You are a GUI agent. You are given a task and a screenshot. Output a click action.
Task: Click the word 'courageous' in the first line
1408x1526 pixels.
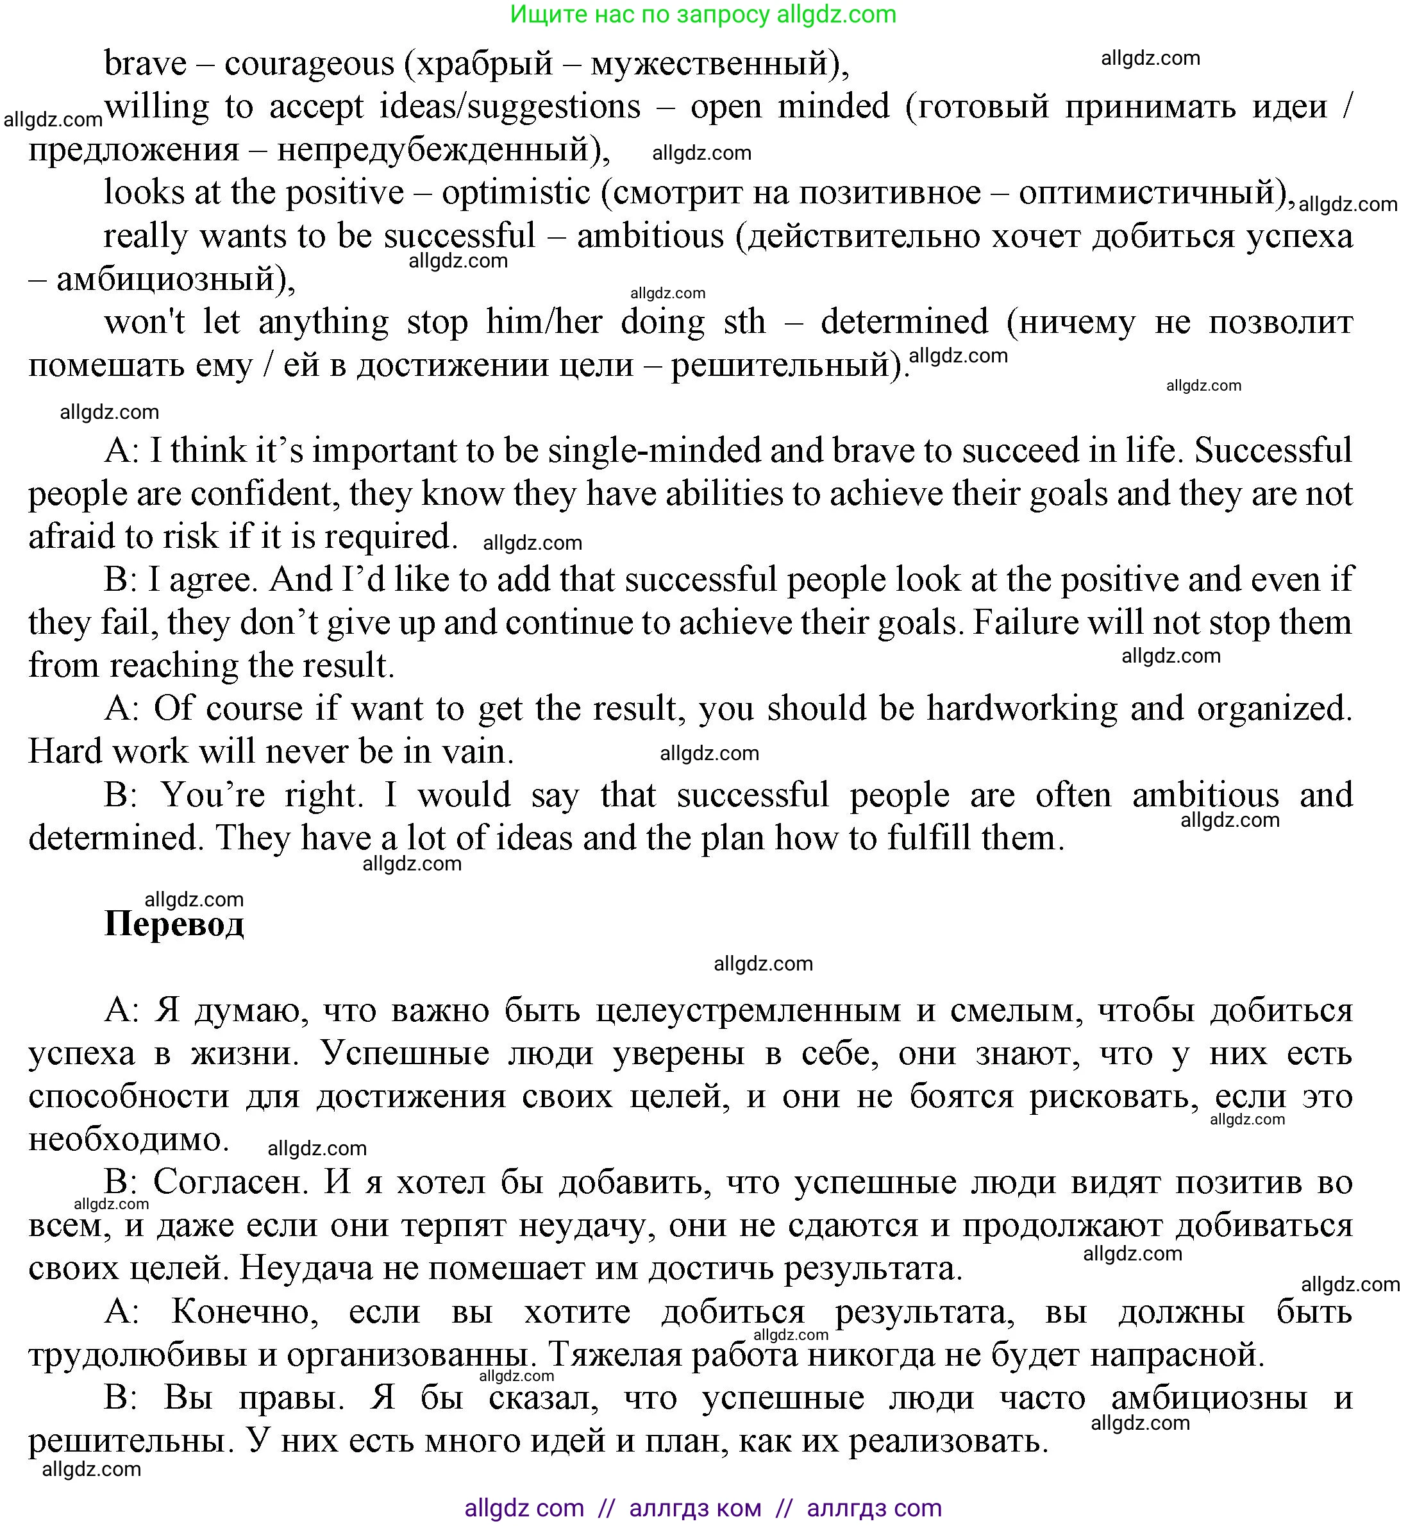309,64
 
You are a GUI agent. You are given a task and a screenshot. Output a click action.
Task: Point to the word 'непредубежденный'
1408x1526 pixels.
432,150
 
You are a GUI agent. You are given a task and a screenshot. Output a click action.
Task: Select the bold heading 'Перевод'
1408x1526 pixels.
174,924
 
